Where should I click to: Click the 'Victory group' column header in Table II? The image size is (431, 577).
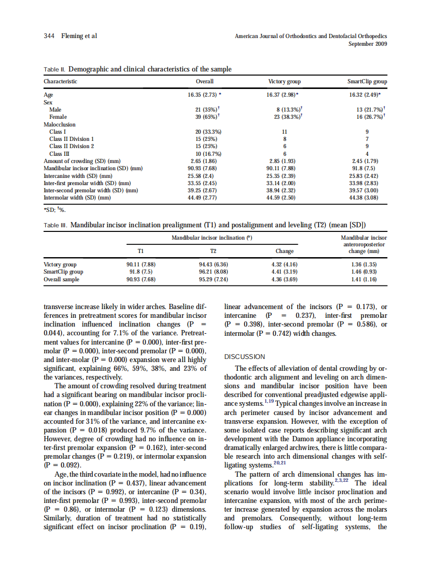click(x=284, y=81)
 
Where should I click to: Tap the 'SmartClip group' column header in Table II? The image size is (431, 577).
click(x=367, y=81)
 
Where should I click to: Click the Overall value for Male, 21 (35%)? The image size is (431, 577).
click(x=205, y=110)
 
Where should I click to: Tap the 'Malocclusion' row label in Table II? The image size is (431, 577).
click(x=59, y=124)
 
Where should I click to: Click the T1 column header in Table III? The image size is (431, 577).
click(x=140, y=251)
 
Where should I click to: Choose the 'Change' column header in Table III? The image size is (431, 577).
click(x=284, y=251)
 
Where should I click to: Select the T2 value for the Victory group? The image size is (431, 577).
click(x=213, y=265)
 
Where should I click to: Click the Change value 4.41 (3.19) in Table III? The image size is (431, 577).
click(x=284, y=272)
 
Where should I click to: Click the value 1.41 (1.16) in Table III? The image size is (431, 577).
click(x=364, y=280)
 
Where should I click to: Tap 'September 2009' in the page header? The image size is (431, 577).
click(x=368, y=44)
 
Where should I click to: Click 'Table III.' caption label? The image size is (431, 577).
click(x=56, y=225)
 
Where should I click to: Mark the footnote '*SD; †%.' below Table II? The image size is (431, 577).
click(x=55, y=209)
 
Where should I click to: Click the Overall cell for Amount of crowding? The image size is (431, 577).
click(x=205, y=161)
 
